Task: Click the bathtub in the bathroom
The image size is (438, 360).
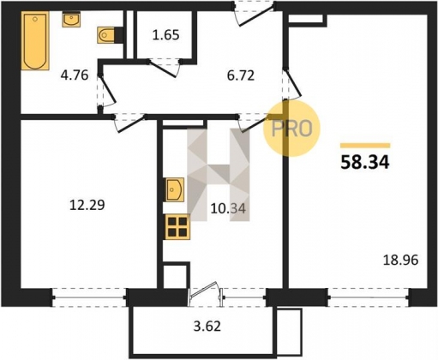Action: click(x=35, y=40)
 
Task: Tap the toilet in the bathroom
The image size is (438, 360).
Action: click(x=106, y=35)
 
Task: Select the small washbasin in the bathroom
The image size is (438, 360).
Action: click(x=71, y=20)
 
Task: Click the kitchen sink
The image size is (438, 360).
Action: click(x=174, y=189)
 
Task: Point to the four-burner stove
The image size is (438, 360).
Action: click(x=177, y=226)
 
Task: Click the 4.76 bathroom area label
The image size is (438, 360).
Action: click(x=75, y=75)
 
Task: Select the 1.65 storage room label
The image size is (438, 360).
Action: click(x=165, y=35)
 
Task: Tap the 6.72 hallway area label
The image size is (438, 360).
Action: click(x=241, y=76)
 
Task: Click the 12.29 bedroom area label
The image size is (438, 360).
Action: click(x=87, y=205)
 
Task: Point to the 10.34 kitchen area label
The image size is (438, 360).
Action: click(x=228, y=208)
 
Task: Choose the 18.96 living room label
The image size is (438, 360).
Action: click(x=400, y=260)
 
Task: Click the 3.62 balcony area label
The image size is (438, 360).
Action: click(x=207, y=326)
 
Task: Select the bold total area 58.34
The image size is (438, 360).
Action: click(x=365, y=163)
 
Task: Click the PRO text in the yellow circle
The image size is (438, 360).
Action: click(x=291, y=129)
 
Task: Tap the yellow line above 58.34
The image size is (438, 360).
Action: click(x=365, y=146)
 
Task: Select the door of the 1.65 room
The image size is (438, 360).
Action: click(x=165, y=68)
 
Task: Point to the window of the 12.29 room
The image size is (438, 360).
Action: click(x=89, y=297)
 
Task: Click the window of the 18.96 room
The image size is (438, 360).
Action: click(x=369, y=297)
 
